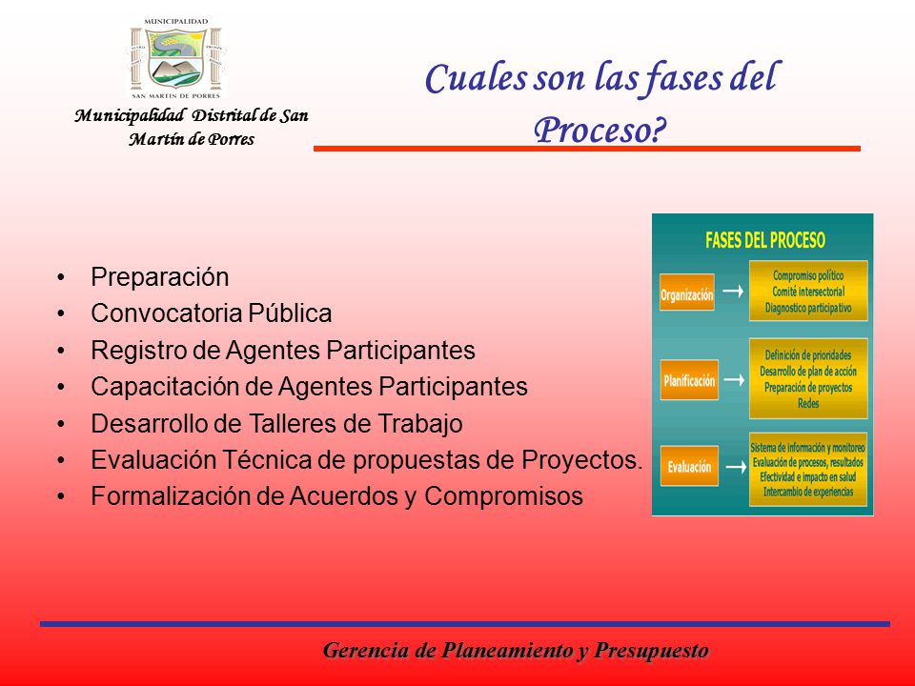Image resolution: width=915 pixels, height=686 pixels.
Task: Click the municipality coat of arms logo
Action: (175, 58)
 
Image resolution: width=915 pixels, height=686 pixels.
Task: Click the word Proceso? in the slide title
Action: (600, 130)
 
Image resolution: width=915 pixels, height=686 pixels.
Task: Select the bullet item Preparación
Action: (159, 277)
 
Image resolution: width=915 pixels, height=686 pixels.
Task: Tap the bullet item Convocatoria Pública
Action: (212, 313)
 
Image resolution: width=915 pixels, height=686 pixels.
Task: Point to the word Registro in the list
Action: (147, 351)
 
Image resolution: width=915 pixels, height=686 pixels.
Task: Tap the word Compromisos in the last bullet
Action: (503, 497)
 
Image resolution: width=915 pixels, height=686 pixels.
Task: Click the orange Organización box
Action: (687, 293)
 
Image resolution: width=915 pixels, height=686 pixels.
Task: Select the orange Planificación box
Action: (689, 380)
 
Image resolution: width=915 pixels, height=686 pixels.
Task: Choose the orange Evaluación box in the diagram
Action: (689, 466)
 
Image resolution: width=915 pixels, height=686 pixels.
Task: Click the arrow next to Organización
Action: (733, 291)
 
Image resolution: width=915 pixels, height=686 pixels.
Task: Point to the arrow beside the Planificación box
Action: (735, 380)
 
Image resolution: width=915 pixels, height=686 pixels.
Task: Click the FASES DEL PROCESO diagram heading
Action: (765, 240)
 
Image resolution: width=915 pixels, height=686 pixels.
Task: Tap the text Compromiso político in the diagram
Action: (808, 275)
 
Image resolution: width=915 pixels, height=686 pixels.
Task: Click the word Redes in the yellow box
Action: (808, 403)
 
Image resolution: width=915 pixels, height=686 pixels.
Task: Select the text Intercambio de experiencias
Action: (808, 492)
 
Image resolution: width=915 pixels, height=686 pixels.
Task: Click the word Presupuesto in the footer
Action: (651, 650)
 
